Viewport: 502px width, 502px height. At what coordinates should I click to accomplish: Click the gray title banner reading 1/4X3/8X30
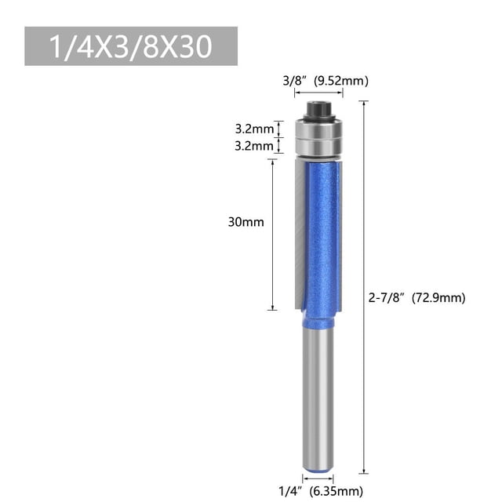(131, 46)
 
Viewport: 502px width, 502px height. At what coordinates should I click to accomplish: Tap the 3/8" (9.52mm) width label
(326, 81)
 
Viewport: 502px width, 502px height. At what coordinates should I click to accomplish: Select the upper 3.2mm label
(254, 129)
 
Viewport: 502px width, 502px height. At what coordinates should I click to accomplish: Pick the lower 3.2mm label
(254, 146)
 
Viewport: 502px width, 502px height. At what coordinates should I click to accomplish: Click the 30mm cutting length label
(246, 222)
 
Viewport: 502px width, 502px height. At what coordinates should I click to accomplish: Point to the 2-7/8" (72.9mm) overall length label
(417, 298)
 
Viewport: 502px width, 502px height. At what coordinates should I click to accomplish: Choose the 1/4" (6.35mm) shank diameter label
(321, 491)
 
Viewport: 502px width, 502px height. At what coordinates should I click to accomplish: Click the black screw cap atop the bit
(318, 111)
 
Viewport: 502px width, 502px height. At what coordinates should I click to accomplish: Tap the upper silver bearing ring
(318, 129)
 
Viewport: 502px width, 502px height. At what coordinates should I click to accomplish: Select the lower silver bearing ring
(318, 147)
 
